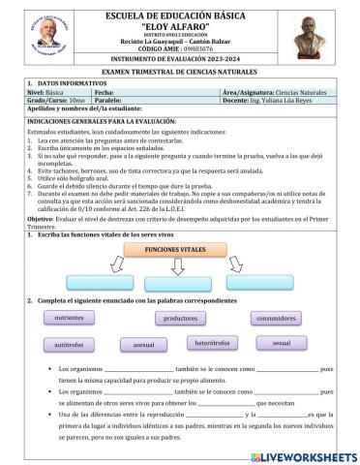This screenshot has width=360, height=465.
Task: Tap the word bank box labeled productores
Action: tap(180, 318)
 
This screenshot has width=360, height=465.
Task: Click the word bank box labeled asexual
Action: tap(144, 344)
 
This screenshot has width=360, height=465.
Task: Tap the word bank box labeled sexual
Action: tap(283, 343)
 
